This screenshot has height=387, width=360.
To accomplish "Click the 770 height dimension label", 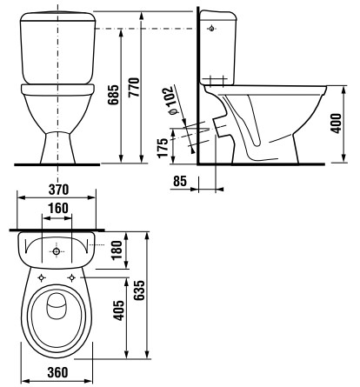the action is (x=134, y=87).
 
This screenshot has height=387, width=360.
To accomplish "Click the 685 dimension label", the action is (x=113, y=95).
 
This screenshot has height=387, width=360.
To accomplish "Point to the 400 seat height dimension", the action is (x=337, y=123).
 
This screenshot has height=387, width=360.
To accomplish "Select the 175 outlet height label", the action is (x=163, y=148).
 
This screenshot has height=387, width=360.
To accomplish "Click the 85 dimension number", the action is (x=180, y=181).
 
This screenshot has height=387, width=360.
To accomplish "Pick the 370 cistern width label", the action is (x=58, y=190).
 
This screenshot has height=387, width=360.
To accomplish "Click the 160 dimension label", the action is (x=58, y=208).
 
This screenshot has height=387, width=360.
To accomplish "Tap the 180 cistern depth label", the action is (x=117, y=250).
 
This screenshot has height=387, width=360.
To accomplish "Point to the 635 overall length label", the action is (x=139, y=290).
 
